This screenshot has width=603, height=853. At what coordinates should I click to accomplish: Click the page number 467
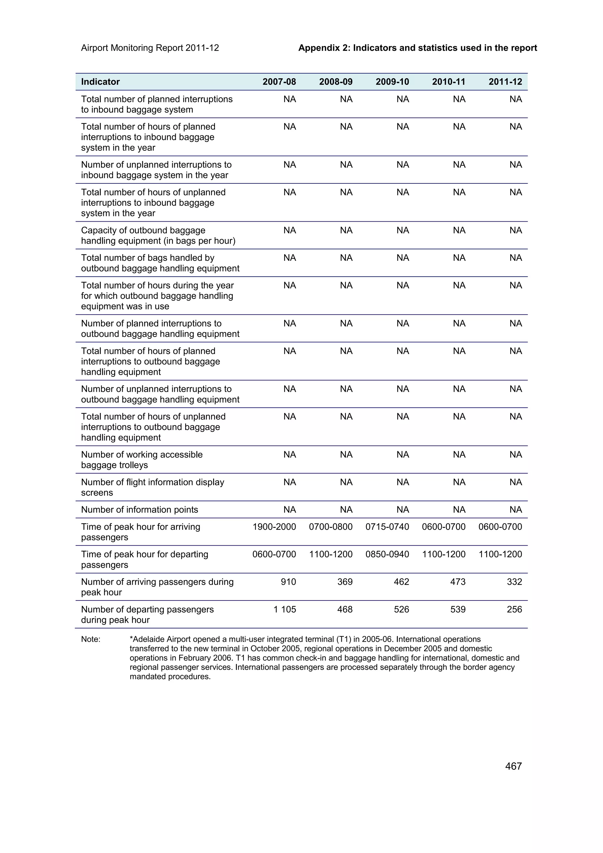513,766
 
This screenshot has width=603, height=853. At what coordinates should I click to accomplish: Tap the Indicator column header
100,82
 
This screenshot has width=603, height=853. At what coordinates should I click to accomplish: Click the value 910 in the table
288,582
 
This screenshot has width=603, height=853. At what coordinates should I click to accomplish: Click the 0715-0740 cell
387,527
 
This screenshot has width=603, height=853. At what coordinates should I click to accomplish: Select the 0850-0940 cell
387,554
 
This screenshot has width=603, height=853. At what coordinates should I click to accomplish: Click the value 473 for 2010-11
458,582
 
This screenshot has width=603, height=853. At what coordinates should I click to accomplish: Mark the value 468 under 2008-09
345,609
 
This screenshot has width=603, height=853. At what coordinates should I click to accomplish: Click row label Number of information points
139,510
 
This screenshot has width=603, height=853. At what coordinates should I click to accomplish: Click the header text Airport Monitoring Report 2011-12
150,48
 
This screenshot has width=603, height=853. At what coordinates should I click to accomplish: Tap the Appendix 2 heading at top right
418,48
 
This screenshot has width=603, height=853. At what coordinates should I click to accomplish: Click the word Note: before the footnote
91,639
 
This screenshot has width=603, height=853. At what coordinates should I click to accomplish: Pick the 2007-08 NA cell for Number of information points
289,510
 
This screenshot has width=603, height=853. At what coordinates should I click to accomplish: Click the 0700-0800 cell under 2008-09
331,527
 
